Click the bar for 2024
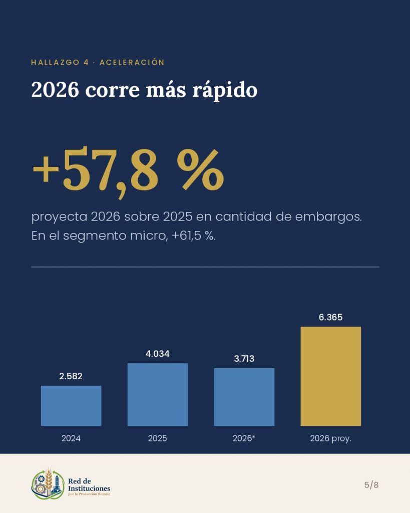point(71,406)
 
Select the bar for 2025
point(158,395)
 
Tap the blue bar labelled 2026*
point(244,397)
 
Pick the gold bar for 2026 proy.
point(331,376)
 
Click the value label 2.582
point(71,376)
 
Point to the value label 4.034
point(158,354)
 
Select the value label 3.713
point(244,359)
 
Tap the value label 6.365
point(331,317)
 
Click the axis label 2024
point(71,438)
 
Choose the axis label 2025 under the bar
point(158,438)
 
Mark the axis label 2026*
point(244,438)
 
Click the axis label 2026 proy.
point(330,438)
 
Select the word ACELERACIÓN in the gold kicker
point(132,62)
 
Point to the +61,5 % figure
point(193,235)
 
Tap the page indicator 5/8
point(371,484)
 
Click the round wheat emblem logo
point(48,484)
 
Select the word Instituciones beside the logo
point(89,488)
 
